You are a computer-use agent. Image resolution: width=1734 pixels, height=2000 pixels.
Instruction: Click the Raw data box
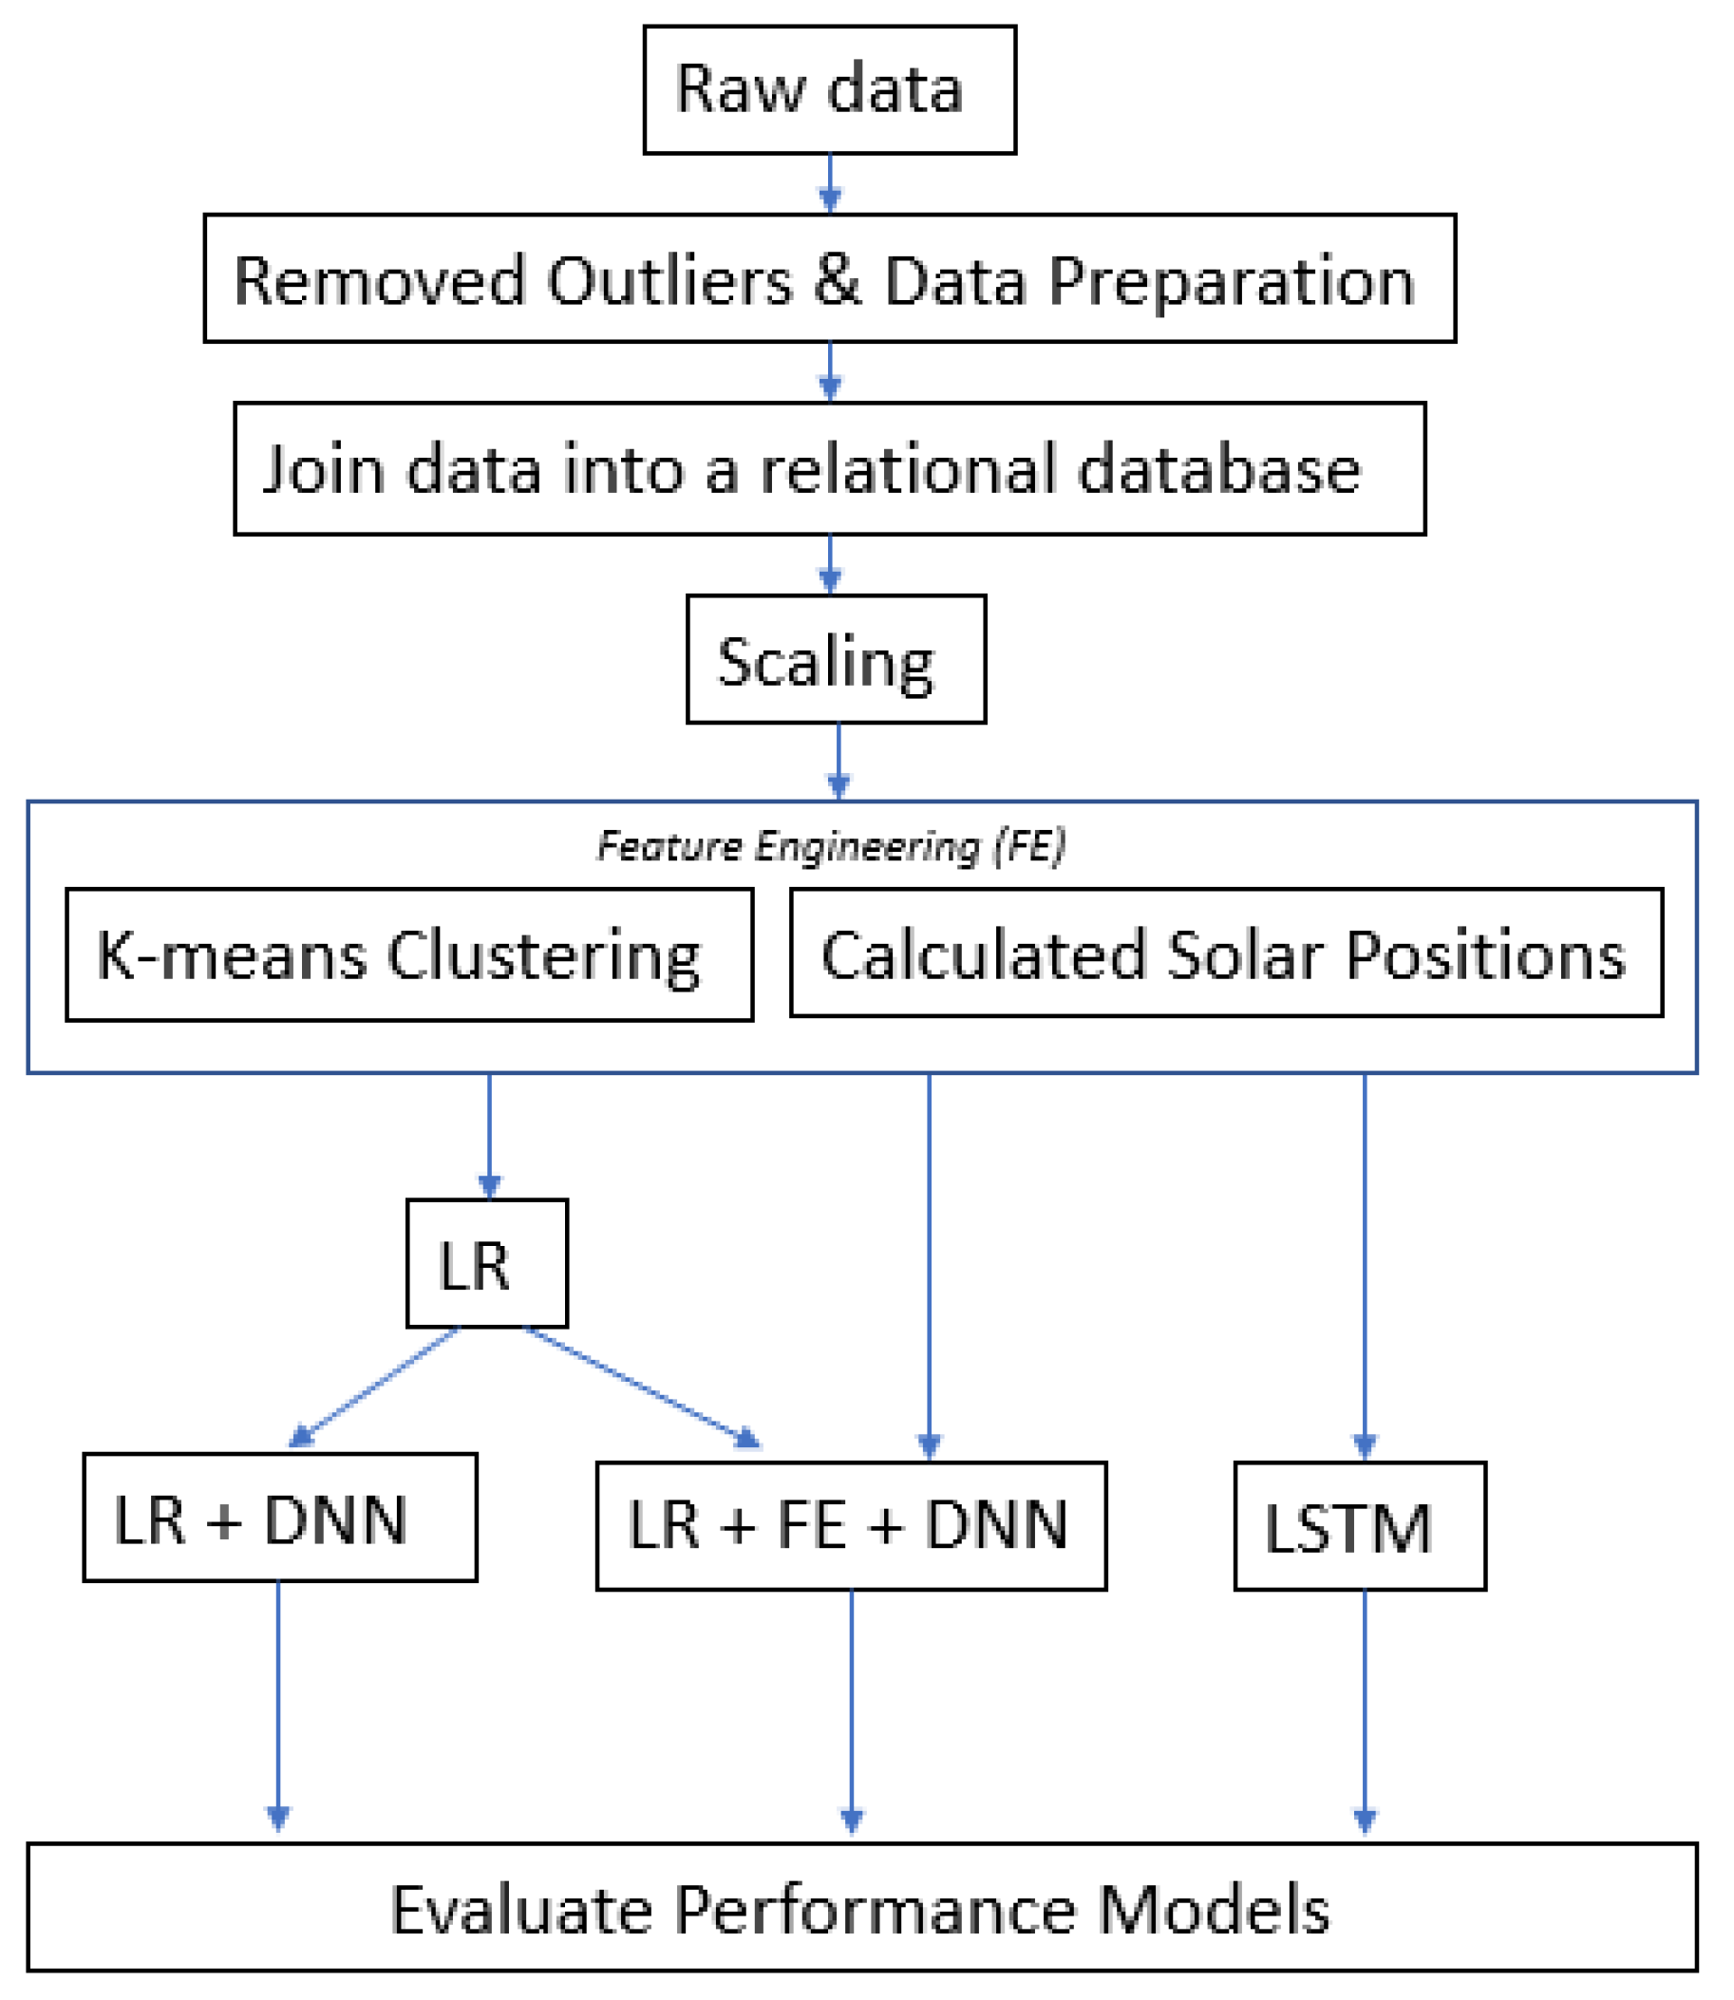829,89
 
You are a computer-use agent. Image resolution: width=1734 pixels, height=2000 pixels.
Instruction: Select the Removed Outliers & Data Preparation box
829,277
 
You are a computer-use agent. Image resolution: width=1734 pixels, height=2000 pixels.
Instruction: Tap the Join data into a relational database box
829,468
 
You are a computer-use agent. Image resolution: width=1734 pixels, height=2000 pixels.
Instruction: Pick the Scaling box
836,659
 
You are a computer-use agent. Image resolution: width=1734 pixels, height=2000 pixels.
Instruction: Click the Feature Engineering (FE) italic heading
830,845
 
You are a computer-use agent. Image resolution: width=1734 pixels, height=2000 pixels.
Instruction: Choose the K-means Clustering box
409,954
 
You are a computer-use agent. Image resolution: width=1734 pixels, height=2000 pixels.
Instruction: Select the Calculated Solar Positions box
1226,953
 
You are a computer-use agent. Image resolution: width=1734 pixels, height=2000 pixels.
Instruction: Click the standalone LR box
487,1263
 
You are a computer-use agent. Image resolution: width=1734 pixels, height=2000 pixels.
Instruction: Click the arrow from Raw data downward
829,183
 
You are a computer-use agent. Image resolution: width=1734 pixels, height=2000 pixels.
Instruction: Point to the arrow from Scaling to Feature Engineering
838,761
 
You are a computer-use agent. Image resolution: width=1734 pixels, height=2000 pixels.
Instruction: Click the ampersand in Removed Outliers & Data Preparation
838,279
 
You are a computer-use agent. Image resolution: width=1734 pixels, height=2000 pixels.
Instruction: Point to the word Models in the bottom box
1214,1911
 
